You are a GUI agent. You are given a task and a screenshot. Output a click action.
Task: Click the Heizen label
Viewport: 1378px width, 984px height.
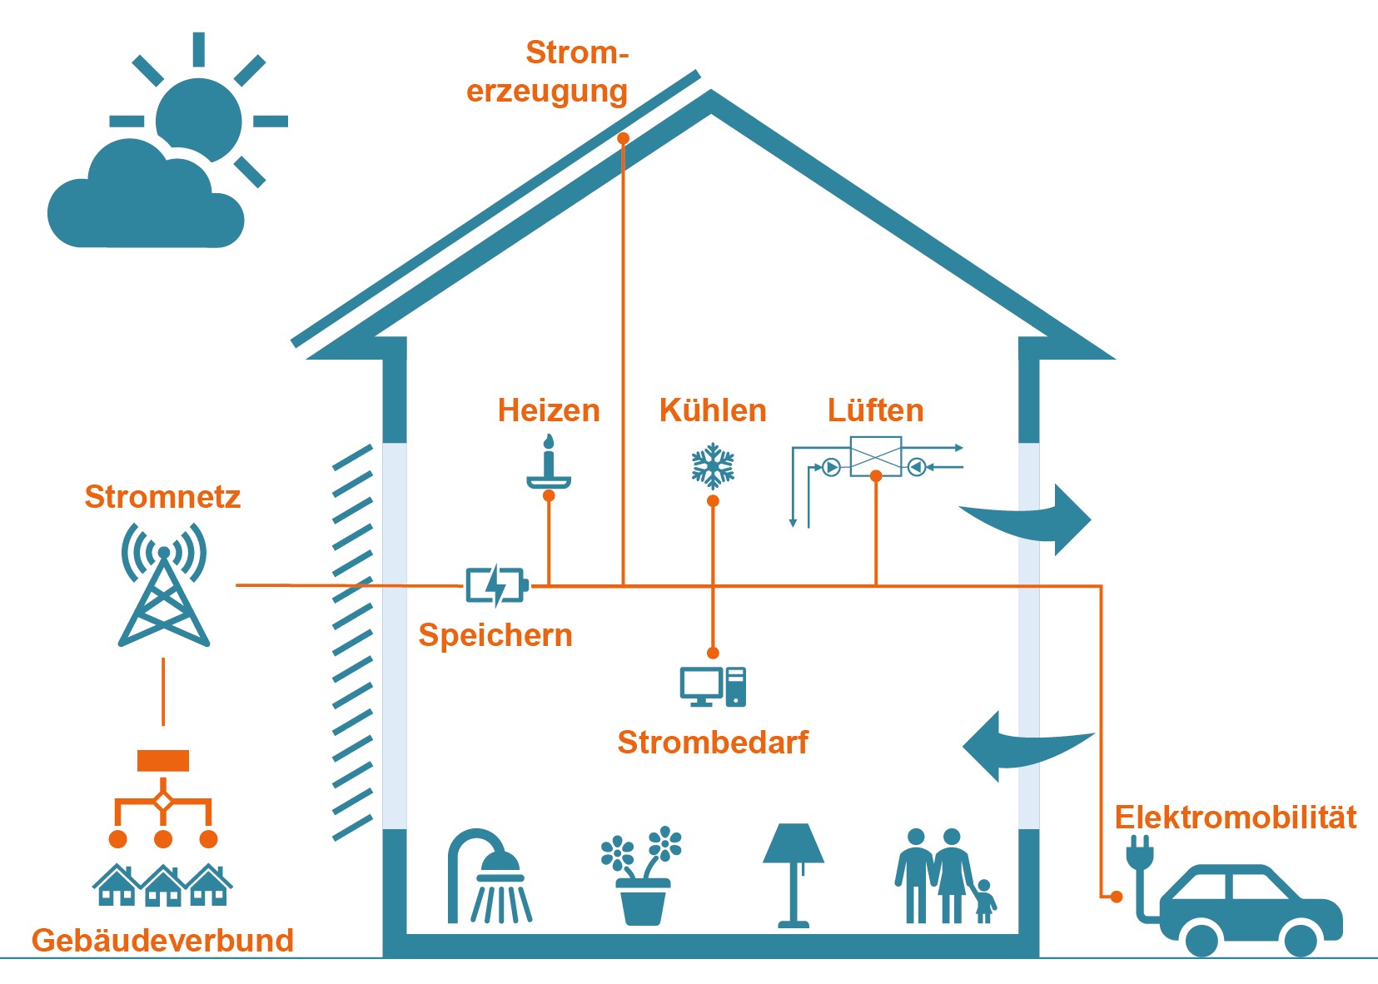(549, 410)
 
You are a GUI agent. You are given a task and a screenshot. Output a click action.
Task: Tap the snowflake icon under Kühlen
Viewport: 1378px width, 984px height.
(713, 466)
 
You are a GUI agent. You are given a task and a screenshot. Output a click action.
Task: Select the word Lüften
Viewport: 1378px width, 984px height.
(875, 410)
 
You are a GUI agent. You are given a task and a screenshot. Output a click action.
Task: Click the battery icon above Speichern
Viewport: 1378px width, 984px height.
(496, 585)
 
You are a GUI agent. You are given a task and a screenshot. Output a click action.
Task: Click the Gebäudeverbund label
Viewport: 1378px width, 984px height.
(162, 940)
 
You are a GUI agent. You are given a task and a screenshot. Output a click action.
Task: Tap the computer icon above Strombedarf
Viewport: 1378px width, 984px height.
(713, 687)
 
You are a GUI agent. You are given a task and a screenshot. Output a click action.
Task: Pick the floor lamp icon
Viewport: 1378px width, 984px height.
(793, 875)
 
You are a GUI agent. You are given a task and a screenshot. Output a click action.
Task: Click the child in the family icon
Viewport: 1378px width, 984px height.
(984, 902)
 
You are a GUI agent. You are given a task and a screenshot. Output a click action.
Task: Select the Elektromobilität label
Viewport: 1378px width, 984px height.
(1236, 818)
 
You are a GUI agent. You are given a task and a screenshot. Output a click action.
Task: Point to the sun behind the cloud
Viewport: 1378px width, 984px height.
(200, 117)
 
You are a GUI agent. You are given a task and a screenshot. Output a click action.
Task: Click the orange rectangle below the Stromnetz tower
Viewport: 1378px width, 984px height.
(163, 761)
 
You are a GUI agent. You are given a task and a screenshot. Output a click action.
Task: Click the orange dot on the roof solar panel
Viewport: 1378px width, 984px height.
(623, 138)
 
